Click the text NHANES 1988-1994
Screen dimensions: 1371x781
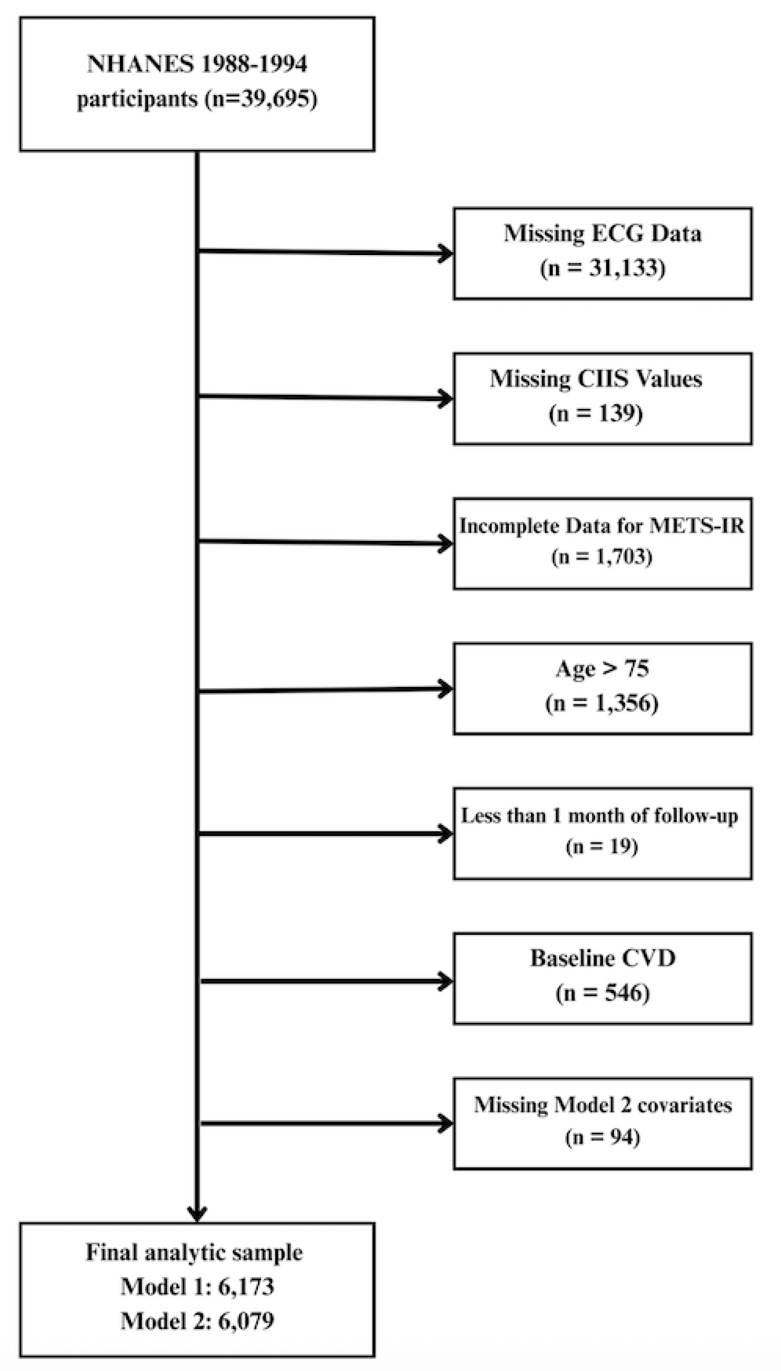(x=197, y=64)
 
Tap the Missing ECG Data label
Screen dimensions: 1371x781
(x=602, y=233)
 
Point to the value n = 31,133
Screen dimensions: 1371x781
(x=602, y=267)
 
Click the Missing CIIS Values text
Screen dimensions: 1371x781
(x=596, y=378)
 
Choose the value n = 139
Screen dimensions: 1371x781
(x=596, y=413)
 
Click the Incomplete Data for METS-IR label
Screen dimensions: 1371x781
(x=602, y=526)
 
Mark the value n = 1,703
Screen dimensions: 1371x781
(x=602, y=557)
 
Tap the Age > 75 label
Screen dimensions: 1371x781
(x=602, y=668)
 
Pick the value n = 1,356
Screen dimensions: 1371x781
(x=602, y=703)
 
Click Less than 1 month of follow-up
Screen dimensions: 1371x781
(x=599, y=816)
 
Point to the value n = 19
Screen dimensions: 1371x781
(x=602, y=847)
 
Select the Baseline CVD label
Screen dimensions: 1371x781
(x=602, y=958)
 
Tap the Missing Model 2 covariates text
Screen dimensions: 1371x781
(x=602, y=1105)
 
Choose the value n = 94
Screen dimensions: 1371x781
(x=602, y=1137)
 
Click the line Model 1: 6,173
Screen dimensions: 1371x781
(x=197, y=1286)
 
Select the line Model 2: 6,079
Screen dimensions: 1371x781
(x=197, y=1320)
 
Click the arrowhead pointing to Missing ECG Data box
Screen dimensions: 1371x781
(x=446, y=253)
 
